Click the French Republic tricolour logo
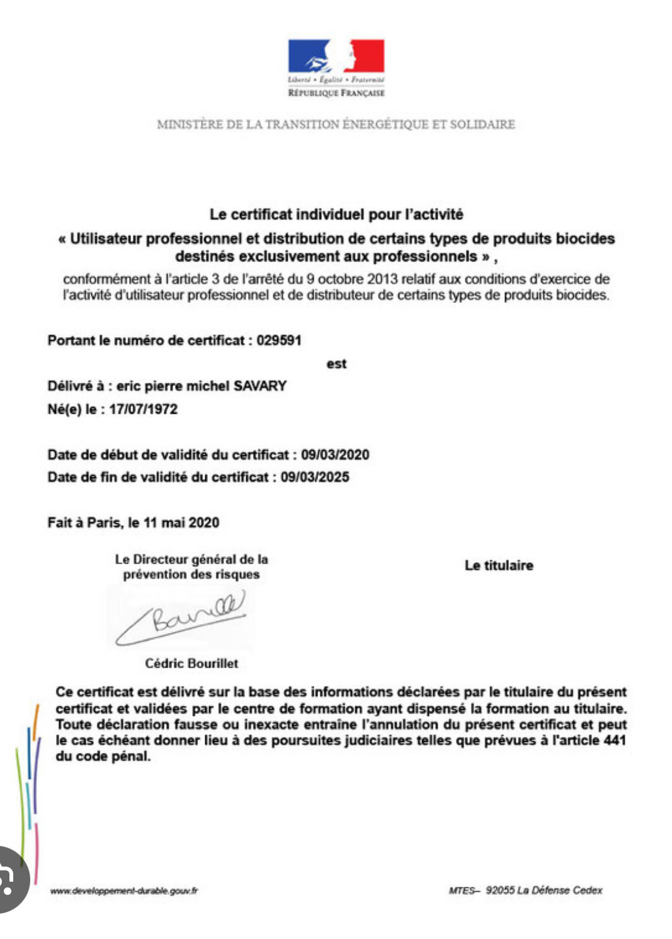[x=336, y=56]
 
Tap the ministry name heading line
[x=336, y=125]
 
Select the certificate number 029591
[x=279, y=341]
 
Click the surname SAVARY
[x=260, y=386]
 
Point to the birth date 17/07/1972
[x=144, y=409]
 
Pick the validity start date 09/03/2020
[x=335, y=455]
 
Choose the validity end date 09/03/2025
[x=315, y=477]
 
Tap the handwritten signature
[x=183, y=617]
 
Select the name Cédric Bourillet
[x=191, y=663]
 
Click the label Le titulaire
[x=499, y=566]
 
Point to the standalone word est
[x=336, y=364]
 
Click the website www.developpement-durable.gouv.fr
[x=124, y=891]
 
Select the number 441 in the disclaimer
[x=614, y=740]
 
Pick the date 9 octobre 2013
[x=353, y=279]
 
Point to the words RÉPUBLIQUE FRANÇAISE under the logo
[x=336, y=93]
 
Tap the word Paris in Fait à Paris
[x=104, y=523]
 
